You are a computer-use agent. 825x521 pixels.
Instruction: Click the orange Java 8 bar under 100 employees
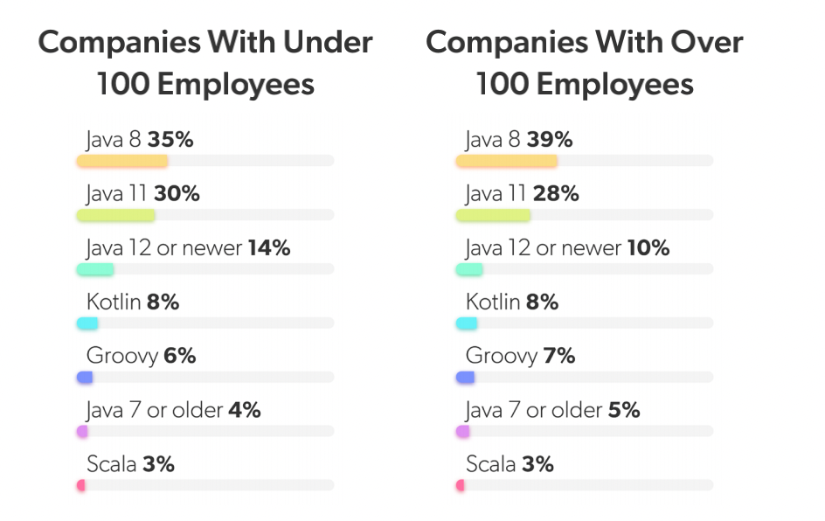point(121,161)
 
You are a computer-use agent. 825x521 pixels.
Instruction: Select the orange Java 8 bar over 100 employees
point(506,161)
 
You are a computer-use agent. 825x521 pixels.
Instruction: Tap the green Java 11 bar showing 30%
point(115,215)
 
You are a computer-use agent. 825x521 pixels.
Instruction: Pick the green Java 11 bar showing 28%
point(493,215)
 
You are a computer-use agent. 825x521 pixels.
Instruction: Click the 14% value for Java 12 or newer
point(268,248)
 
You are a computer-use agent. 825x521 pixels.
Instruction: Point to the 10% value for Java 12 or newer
point(648,248)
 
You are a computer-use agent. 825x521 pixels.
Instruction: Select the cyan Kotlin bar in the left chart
point(87,323)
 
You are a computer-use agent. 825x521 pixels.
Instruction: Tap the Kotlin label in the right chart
point(494,302)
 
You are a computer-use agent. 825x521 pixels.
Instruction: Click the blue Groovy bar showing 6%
point(85,378)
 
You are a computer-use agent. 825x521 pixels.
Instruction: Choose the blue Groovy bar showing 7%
point(465,378)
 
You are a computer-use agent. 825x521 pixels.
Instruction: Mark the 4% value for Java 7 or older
point(244,410)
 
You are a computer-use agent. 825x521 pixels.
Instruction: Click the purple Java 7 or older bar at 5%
point(462,432)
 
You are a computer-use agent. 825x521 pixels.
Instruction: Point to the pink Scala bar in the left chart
point(81,485)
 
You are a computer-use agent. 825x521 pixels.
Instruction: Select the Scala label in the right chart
point(490,464)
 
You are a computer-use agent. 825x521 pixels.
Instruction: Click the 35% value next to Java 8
point(170,140)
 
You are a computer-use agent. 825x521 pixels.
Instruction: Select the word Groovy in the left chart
point(121,357)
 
